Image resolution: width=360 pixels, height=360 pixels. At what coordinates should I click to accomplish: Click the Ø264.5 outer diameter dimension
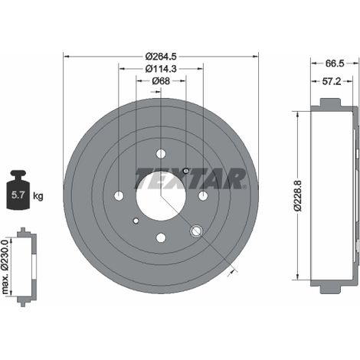coord(161,56)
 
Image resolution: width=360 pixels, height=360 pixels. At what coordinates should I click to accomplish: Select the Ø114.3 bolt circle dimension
coord(161,68)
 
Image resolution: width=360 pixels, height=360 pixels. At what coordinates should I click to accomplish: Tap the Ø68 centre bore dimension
coord(161,81)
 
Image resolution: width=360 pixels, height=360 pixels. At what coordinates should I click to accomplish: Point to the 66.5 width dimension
coord(335,64)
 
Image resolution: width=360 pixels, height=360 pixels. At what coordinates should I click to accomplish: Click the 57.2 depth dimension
coord(332,81)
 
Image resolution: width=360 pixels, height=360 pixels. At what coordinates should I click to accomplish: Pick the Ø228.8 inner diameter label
coord(298,195)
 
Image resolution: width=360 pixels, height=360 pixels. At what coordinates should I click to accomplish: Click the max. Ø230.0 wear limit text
coord(5,267)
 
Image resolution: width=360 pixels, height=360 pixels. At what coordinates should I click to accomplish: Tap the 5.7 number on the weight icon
coord(18,195)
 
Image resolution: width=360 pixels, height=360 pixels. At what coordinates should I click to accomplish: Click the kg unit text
coord(38,196)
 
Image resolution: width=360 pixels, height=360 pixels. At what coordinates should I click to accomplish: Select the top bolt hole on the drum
coord(161,154)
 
